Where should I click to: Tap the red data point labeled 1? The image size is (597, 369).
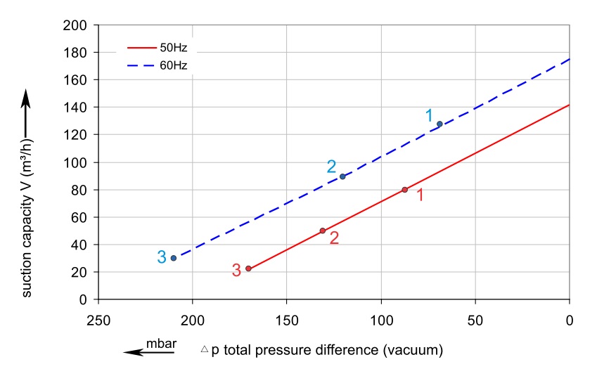tap(405, 190)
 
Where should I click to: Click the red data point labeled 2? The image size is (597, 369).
tap(323, 231)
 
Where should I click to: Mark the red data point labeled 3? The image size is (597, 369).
tap(248, 268)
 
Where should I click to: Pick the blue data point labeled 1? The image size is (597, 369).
tap(439, 124)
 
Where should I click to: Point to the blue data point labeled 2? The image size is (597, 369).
tap(342, 176)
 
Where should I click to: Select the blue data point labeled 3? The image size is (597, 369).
tap(173, 258)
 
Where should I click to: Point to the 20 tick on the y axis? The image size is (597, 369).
tap(79, 272)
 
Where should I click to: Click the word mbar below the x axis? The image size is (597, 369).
tap(161, 344)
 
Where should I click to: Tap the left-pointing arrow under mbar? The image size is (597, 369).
tap(148, 353)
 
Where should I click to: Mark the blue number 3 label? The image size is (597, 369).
tap(161, 257)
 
